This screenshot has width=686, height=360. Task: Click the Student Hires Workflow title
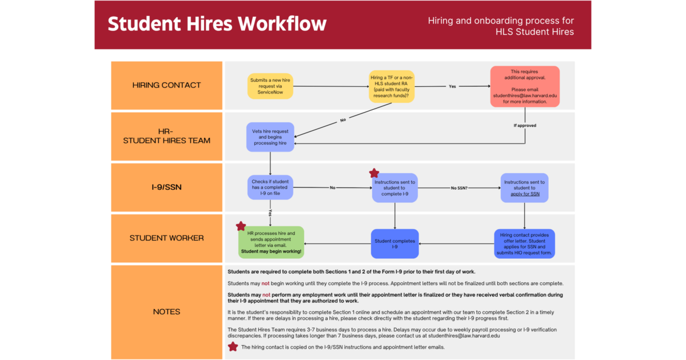coord(217,24)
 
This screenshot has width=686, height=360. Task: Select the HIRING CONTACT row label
coord(166,85)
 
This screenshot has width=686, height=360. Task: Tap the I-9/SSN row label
coord(166,187)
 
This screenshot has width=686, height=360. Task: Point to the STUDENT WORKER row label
coord(166,238)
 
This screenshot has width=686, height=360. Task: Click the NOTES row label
coord(166,311)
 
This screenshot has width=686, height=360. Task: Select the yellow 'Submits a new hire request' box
coord(270,86)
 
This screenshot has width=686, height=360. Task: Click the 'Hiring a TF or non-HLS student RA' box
coord(392,86)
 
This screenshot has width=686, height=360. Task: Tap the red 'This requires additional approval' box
coord(524,86)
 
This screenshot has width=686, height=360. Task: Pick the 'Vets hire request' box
coord(270,137)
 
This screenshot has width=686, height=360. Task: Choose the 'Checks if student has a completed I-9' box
coord(270,187)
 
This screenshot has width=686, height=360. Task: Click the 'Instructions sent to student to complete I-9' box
coord(394,187)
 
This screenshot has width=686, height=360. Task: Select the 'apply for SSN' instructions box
coord(524,187)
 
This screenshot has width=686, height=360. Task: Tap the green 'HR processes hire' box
coord(271,242)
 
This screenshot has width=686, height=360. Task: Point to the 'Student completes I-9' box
coord(394,244)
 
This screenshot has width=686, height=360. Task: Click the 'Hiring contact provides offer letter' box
coord(524,244)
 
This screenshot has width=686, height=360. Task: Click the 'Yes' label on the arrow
coord(452,86)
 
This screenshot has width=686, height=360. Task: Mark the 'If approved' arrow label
coord(524,125)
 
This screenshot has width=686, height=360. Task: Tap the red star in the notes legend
coord(233,346)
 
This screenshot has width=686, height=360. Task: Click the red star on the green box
coord(241,226)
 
